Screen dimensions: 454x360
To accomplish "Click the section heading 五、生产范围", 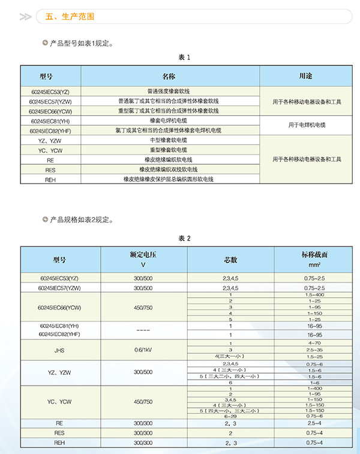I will click(70, 17).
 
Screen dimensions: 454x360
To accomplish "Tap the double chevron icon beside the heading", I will click(25, 17).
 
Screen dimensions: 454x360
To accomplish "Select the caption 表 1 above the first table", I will click(184, 58).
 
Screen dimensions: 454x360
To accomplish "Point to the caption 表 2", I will click(184, 238).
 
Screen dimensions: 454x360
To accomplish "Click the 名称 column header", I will click(168, 76).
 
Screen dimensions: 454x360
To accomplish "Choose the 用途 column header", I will click(306, 76).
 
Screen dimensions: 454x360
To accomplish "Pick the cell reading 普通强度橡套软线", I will click(168, 91).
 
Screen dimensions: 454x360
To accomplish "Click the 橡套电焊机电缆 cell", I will click(168, 121).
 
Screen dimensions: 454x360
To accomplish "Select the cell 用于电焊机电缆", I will click(306, 125).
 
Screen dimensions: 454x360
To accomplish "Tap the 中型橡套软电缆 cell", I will click(168, 140).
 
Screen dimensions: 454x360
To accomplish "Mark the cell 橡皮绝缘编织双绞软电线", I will click(168, 169).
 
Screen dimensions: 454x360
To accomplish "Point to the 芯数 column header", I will click(230, 259).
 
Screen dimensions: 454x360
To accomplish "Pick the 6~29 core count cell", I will click(230, 416).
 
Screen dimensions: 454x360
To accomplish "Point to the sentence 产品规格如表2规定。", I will click(82, 220).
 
